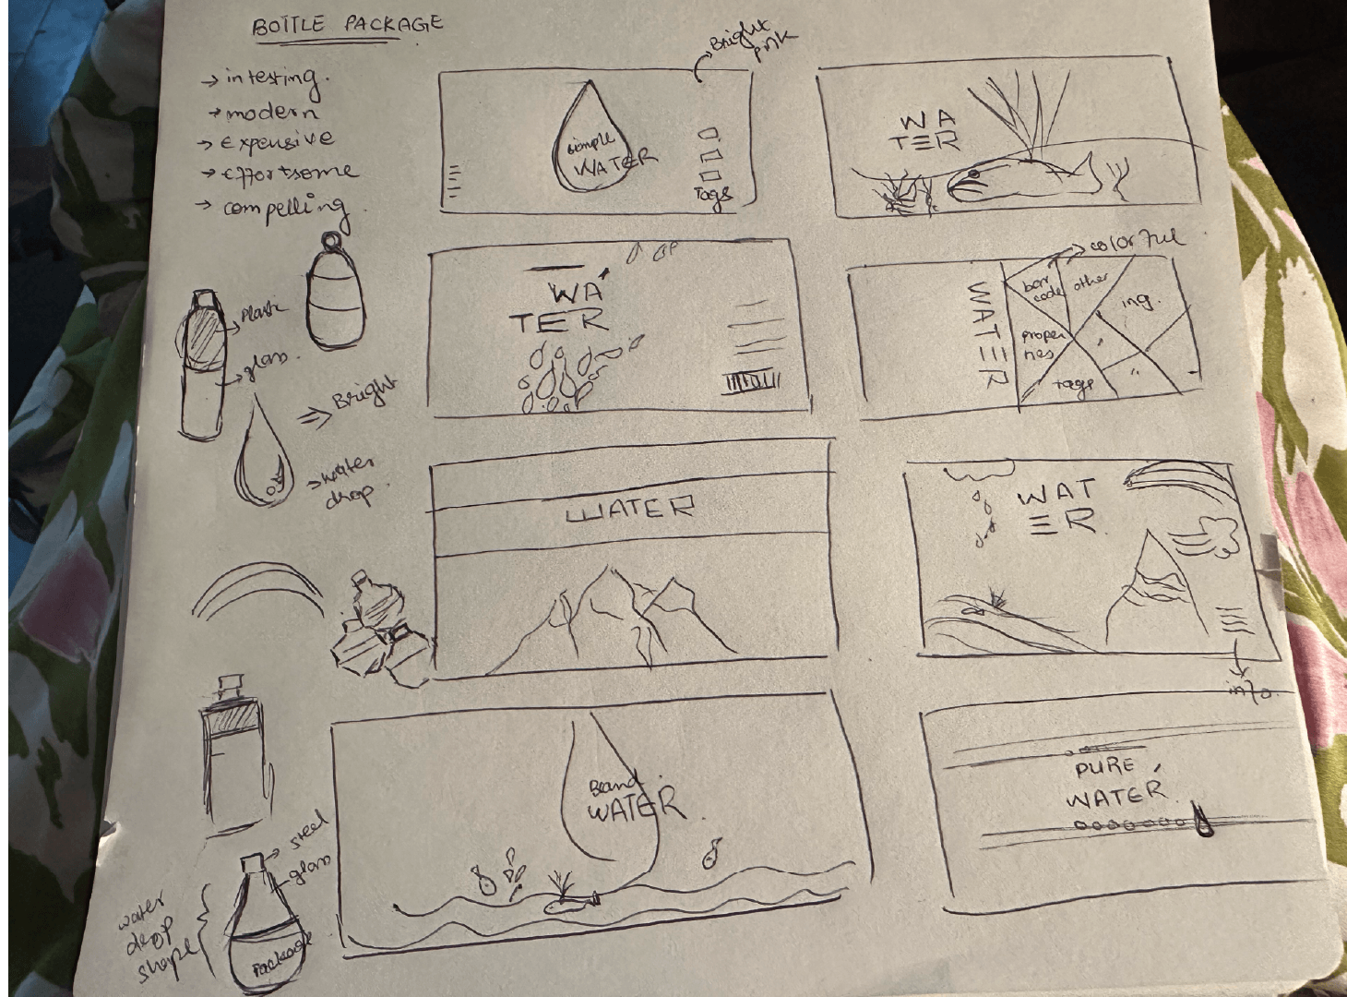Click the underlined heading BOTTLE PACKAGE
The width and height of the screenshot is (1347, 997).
coord(348,23)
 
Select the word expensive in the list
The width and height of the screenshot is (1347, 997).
coord(275,141)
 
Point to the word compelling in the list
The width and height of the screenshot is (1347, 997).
coord(287,208)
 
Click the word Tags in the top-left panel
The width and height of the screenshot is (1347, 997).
coord(712,194)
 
